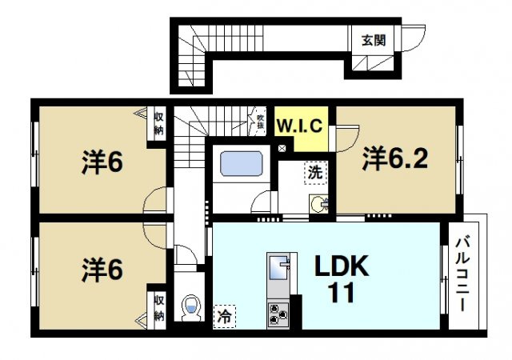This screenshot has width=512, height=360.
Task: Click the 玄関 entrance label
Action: (x=373, y=39)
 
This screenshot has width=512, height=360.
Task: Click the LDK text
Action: (x=340, y=267)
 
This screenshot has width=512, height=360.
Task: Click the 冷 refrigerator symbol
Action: (x=224, y=316)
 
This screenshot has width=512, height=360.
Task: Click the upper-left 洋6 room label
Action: (x=102, y=162)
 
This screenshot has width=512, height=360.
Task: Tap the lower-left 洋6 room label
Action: (x=102, y=270)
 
